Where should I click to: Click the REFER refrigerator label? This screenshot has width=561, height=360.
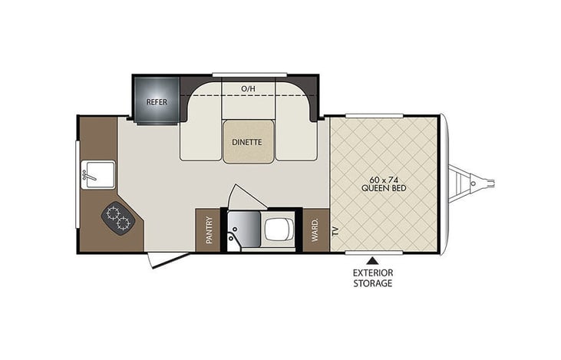(x=157, y=101)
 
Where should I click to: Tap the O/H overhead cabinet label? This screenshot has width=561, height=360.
(x=247, y=89)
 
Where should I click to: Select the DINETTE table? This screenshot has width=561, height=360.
(x=247, y=142)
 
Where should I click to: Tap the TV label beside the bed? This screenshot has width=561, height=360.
(x=335, y=230)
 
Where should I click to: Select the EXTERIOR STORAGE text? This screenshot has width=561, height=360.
(x=373, y=278)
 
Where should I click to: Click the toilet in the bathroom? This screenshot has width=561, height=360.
(x=276, y=228)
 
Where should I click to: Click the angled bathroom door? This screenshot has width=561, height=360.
(x=244, y=194)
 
